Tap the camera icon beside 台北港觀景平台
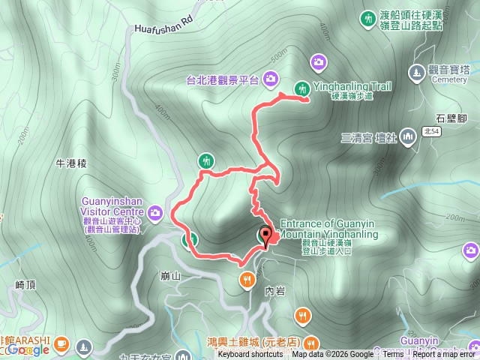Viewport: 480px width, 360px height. tap(269, 77)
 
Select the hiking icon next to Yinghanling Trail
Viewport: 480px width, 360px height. tap(302, 88)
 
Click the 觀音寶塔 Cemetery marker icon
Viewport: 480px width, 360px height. tap(418, 72)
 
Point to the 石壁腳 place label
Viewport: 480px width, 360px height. tap(451, 118)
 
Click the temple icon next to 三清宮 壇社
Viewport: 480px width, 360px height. tap(408, 136)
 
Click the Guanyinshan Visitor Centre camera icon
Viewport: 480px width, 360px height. tap(155, 213)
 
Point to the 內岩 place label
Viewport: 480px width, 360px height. tap(274, 290)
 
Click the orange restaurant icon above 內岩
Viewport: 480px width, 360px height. tap(247, 280)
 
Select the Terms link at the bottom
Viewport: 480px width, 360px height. tap(394, 355)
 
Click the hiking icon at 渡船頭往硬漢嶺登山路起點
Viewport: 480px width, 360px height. tap(367, 17)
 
